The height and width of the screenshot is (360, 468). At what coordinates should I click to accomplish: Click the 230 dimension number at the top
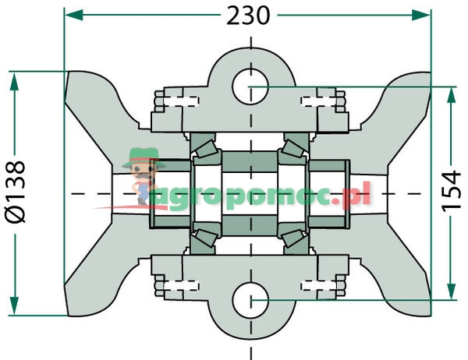(248, 15)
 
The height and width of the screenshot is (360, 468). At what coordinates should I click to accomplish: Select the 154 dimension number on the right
(451, 193)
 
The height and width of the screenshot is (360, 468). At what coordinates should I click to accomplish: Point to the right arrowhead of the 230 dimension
(424, 15)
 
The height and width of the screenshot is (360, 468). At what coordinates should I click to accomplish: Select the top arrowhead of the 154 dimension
(451, 93)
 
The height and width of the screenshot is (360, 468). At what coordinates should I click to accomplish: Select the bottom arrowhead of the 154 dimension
(451, 294)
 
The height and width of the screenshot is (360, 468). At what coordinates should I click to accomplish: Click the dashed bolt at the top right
(323, 99)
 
